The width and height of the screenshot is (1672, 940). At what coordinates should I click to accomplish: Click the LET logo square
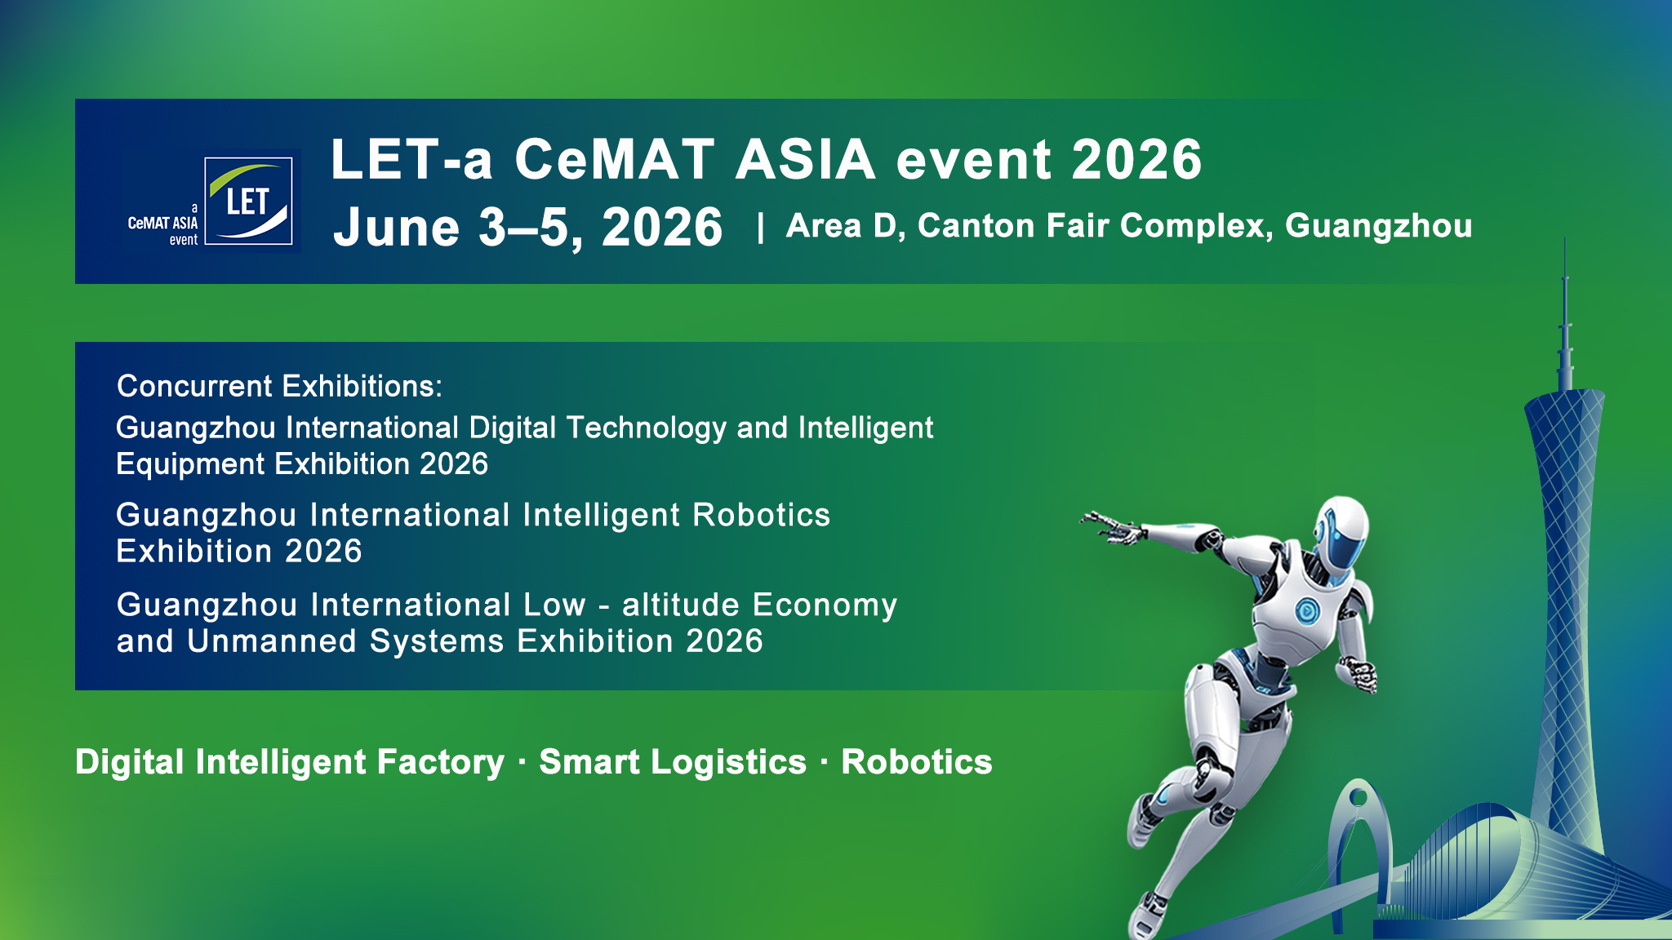pyautogui.click(x=248, y=201)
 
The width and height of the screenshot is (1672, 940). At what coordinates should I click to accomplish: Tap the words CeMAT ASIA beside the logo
pyautogui.click(x=162, y=223)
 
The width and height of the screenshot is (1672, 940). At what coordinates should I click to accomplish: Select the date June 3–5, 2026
pyautogui.click(x=528, y=227)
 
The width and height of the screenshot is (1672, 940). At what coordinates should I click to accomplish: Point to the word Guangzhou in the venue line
pyautogui.click(x=1378, y=226)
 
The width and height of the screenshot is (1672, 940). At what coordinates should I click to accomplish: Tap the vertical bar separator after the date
pyautogui.click(x=760, y=228)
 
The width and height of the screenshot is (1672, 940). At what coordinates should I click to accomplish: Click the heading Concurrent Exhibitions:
pyautogui.click(x=279, y=386)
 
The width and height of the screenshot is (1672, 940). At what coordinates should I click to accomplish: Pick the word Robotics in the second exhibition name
pyautogui.click(x=761, y=515)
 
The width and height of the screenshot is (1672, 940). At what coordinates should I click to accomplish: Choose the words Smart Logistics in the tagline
pyautogui.click(x=673, y=762)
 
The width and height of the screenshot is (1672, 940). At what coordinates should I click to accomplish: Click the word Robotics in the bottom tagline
pyautogui.click(x=917, y=762)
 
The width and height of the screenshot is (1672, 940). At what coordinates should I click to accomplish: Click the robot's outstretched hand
pyautogui.click(x=1110, y=527)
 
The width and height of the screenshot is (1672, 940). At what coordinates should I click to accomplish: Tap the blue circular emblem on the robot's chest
pyautogui.click(x=1306, y=610)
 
